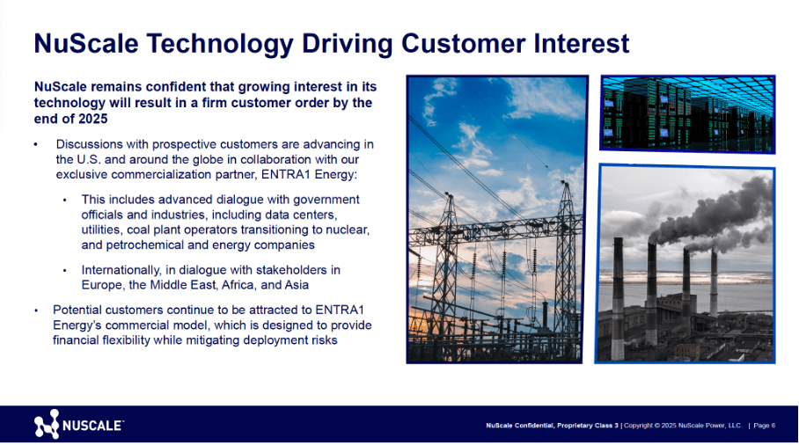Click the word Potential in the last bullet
pyautogui.click(x=77, y=309)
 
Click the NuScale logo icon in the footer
pyautogui.click(x=47, y=425)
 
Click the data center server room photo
pyautogui.click(x=687, y=113)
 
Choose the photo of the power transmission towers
pyautogui.click(x=496, y=219)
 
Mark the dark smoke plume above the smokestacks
pyautogui.click(x=695, y=211)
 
